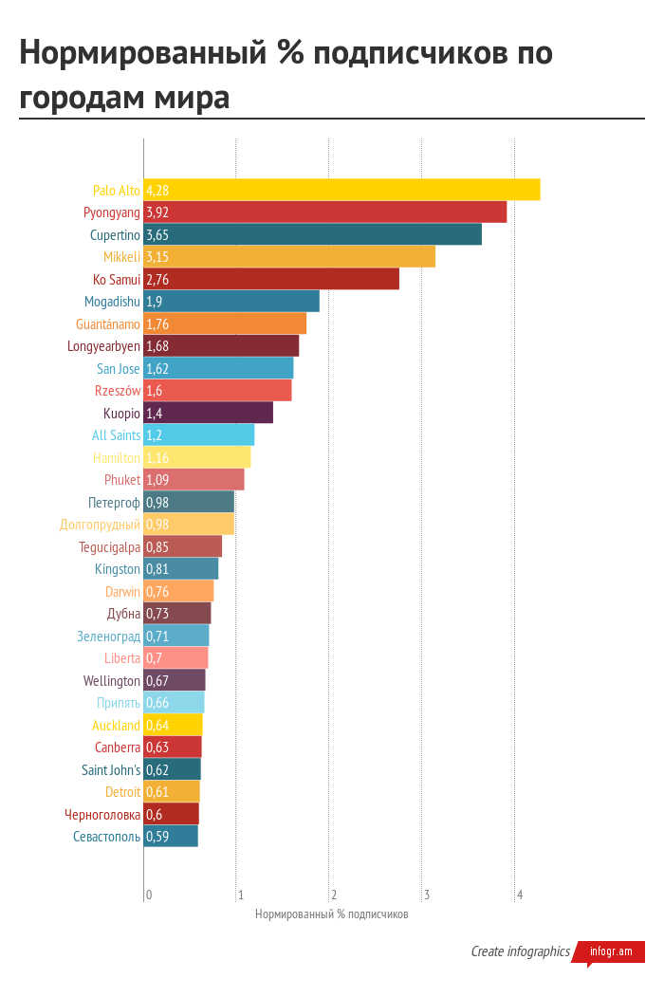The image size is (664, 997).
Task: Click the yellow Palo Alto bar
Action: [341, 190]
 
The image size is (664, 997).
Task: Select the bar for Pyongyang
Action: [325, 212]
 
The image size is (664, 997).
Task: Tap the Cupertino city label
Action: [115, 235]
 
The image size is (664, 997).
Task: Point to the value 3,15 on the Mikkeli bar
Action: [157, 257]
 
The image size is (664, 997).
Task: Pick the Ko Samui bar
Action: [271, 280]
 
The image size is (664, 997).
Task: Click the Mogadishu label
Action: [112, 302]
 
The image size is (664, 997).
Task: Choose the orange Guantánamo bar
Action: [225, 324]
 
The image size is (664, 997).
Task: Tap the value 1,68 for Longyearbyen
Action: [157, 346]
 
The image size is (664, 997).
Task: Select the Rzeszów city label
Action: [118, 391]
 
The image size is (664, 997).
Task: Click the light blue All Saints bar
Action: [199, 435]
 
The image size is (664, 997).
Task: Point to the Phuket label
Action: [122, 480]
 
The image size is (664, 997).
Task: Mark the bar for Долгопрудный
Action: [189, 525]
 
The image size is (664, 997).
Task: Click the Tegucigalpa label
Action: [109, 547]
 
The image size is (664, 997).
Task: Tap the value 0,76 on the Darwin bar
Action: [157, 592]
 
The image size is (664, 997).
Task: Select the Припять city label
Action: [119, 703]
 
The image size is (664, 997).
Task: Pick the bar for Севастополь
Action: [171, 837]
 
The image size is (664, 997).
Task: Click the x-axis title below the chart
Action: [331, 914]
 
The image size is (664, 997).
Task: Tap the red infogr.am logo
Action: [610, 951]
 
